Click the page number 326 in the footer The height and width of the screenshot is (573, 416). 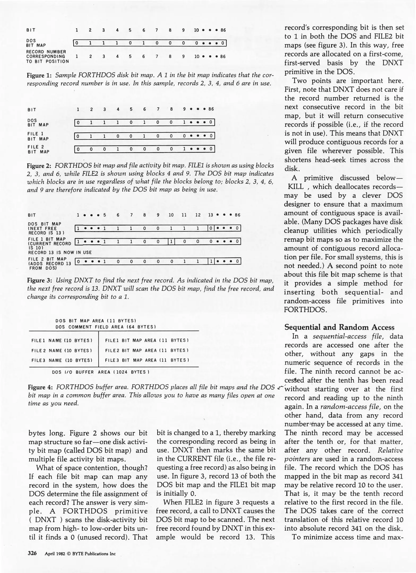tap(32, 553)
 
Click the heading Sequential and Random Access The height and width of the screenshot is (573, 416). tap(339, 327)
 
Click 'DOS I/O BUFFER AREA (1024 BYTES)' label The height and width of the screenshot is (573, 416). tap(101, 372)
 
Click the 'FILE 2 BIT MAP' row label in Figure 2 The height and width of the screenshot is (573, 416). tap(38, 149)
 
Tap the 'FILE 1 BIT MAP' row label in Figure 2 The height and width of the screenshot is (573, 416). tap(38, 136)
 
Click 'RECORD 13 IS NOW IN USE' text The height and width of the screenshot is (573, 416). tap(60, 252)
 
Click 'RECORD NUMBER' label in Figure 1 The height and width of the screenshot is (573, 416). tap(46, 52)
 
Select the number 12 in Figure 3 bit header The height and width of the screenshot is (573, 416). tap(198, 215)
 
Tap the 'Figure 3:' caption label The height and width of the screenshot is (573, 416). tap(40, 280)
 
